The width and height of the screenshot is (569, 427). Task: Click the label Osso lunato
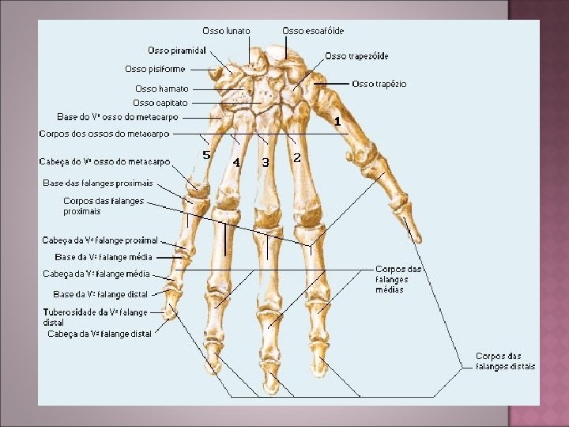pyautogui.click(x=227, y=31)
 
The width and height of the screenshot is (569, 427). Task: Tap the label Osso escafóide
pyautogui.click(x=313, y=31)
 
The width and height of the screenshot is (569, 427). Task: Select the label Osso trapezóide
pyautogui.click(x=356, y=56)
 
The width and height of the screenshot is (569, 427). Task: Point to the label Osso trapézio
pyautogui.click(x=379, y=84)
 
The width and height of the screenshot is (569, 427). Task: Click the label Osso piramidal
pyautogui.click(x=177, y=51)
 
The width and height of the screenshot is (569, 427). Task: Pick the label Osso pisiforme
pyautogui.click(x=155, y=69)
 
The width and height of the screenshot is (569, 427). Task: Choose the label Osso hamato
pyautogui.click(x=161, y=89)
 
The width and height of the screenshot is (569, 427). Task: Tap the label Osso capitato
pyautogui.click(x=160, y=103)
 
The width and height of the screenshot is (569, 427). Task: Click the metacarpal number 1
pyautogui.click(x=337, y=122)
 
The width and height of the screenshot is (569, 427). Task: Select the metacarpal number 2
pyautogui.click(x=296, y=157)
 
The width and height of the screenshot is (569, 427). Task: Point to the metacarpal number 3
pyautogui.click(x=266, y=162)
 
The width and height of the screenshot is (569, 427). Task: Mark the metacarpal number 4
pyautogui.click(x=236, y=162)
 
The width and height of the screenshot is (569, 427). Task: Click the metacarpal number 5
pyautogui.click(x=206, y=155)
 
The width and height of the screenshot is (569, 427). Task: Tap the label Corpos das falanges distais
pyautogui.click(x=505, y=361)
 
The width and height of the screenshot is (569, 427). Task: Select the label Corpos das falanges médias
pyautogui.click(x=399, y=279)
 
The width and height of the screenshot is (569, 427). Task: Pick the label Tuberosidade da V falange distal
pyautogui.click(x=95, y=317)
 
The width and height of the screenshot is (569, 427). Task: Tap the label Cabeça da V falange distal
pyautogui.click(x=100, y=334)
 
